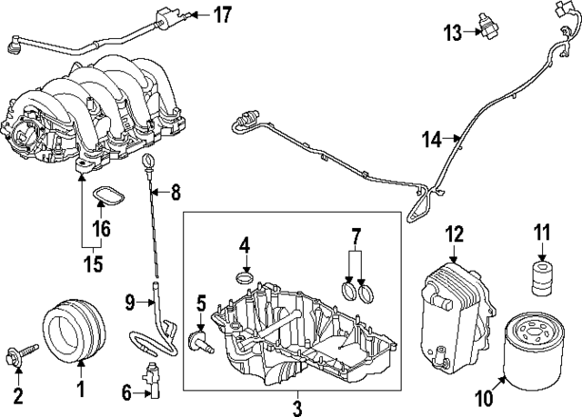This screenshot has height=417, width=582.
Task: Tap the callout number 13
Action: (x=452, y=33)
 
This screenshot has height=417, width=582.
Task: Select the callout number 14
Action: (x=432, y=139)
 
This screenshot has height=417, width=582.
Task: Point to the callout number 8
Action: (x=176, y=192)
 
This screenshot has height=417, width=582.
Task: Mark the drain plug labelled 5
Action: (x=196, y=341)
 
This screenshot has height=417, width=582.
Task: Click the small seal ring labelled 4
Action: (x=245, y=277)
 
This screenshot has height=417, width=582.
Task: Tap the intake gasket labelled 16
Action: (x=107, y=194)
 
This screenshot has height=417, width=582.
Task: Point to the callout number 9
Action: (x=129, y=299)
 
